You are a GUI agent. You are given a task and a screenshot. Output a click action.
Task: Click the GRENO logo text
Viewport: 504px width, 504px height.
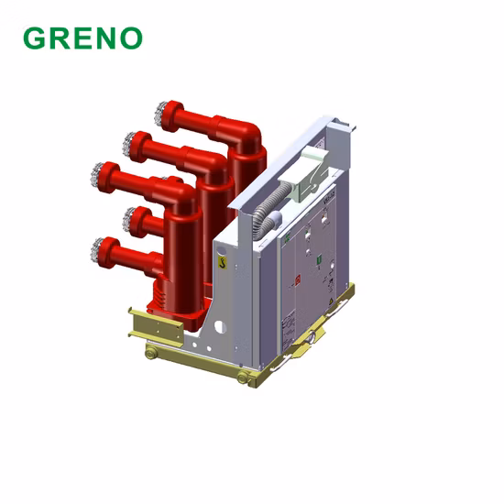[x=82, y=38]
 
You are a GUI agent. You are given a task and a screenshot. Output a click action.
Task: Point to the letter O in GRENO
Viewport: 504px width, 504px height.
[x=130, y=38]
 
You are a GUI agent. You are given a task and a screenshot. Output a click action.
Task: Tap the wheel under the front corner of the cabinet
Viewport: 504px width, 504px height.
[x=243, y=378]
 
